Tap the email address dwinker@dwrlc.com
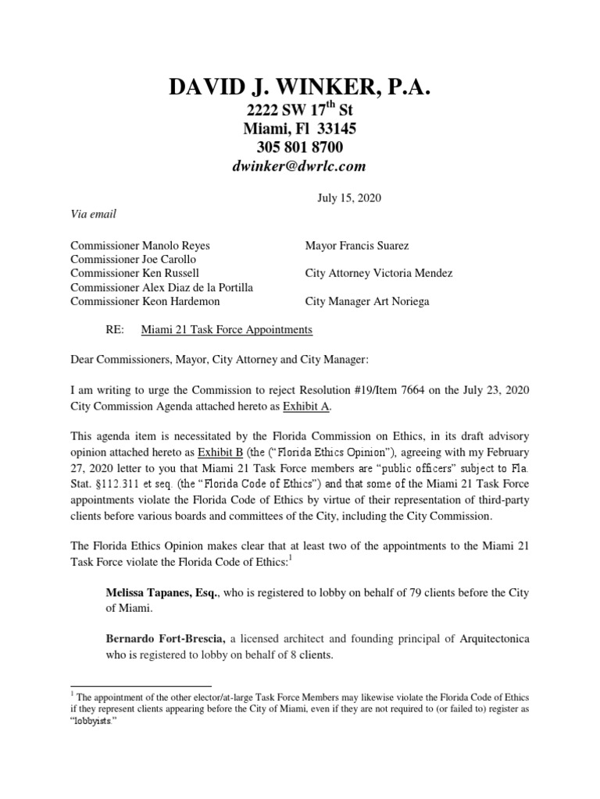click(x=300, y=166)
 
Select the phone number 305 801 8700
click(x=300, y=147)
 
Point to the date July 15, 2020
click(x=349, y=198)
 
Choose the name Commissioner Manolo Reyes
click(x=140, y=246)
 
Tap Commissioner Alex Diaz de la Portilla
click(x=162, y=288)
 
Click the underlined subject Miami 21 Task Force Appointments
click(x=227, y=330)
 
